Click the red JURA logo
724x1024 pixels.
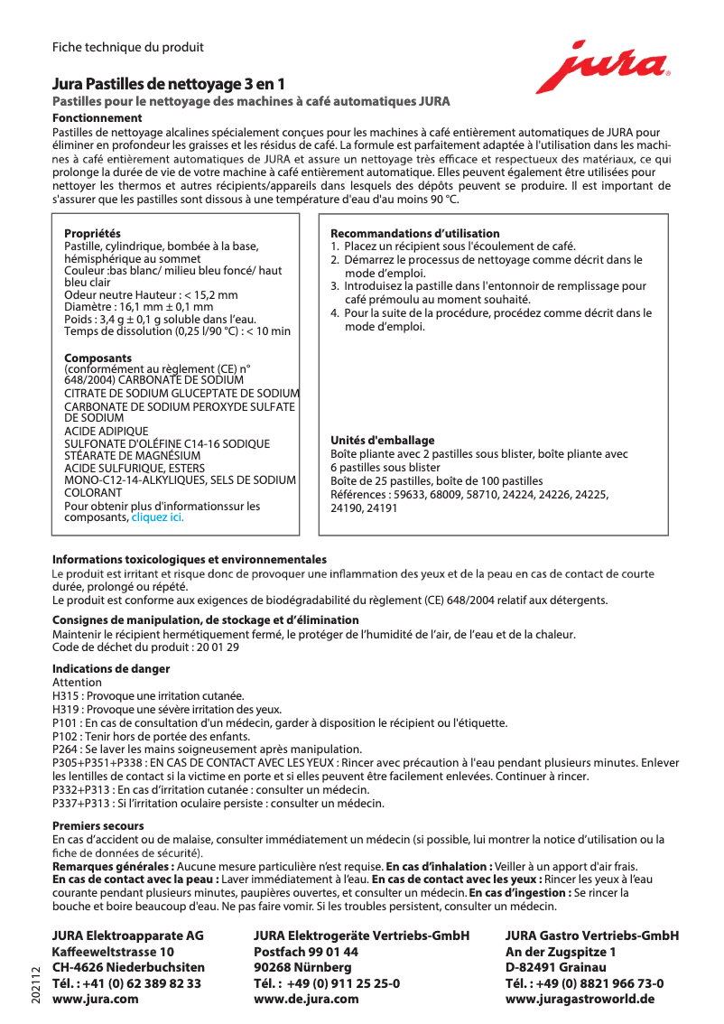[602, 67]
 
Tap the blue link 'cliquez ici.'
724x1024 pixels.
[158, 517]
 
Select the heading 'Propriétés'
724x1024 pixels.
[92, 234]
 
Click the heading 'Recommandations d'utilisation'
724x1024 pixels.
[414, 233]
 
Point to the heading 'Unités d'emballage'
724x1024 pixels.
[383, 441]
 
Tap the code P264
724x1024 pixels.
[66, 749]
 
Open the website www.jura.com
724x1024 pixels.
[96, 999]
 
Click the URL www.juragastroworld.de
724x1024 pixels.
[580, 999]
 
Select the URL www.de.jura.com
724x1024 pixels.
[306, 999]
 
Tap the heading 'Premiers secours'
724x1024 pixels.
[97, 826]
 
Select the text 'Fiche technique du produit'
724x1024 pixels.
[127, 47]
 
